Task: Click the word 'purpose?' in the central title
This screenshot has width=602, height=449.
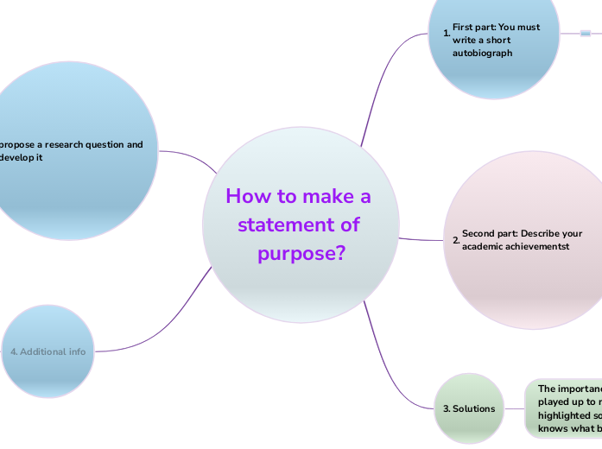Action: (x=301, y=254)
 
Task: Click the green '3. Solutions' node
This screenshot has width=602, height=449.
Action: (x=469, y=408)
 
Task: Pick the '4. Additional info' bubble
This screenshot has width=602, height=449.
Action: (x=48, y=351)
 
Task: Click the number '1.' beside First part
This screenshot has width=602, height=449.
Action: (x=447, y=34)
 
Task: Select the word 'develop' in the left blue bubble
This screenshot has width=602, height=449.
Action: (x=16, y=158)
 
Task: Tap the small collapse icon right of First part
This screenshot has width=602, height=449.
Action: (x=586, y=34)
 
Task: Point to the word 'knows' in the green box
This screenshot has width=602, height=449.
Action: (x=554, y=427)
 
